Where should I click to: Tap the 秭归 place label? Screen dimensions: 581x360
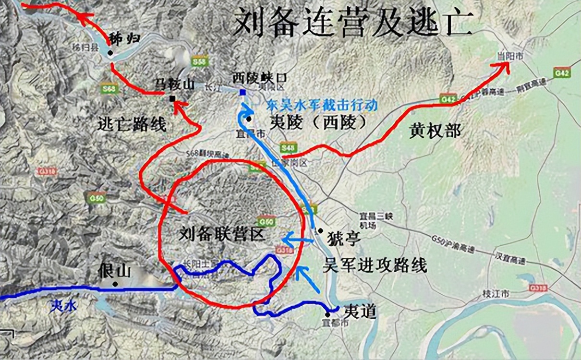(124, 38)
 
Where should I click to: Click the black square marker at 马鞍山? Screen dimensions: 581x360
(172, 99)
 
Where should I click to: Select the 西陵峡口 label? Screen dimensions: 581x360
(259, 77)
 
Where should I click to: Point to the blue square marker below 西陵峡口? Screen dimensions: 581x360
(242, 92)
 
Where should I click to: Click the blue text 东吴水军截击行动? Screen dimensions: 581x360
(322, 105)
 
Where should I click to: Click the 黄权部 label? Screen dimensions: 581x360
(435, 131)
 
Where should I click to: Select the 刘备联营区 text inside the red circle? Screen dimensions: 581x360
(221, 234)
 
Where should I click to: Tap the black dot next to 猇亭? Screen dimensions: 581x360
(320, 230)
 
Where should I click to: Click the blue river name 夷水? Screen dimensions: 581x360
(63, 306)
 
